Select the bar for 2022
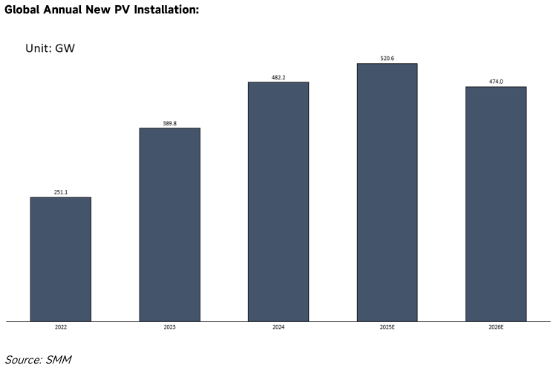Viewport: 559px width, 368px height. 60,259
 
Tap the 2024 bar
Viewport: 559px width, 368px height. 278,201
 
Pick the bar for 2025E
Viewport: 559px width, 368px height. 387,192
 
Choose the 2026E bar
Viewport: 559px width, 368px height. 496,204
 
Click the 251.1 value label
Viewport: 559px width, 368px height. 61,192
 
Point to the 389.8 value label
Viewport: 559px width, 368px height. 169,123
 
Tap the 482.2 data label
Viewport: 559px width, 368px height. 278,77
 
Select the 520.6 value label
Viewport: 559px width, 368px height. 387,58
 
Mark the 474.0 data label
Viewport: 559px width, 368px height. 496,82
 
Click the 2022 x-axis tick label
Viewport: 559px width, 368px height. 61,326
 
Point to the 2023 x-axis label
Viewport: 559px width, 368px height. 169,326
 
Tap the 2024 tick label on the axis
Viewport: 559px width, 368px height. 278,326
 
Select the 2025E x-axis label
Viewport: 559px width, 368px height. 387,326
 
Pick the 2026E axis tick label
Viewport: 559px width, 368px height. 496,326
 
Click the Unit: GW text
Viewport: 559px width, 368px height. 50,48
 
